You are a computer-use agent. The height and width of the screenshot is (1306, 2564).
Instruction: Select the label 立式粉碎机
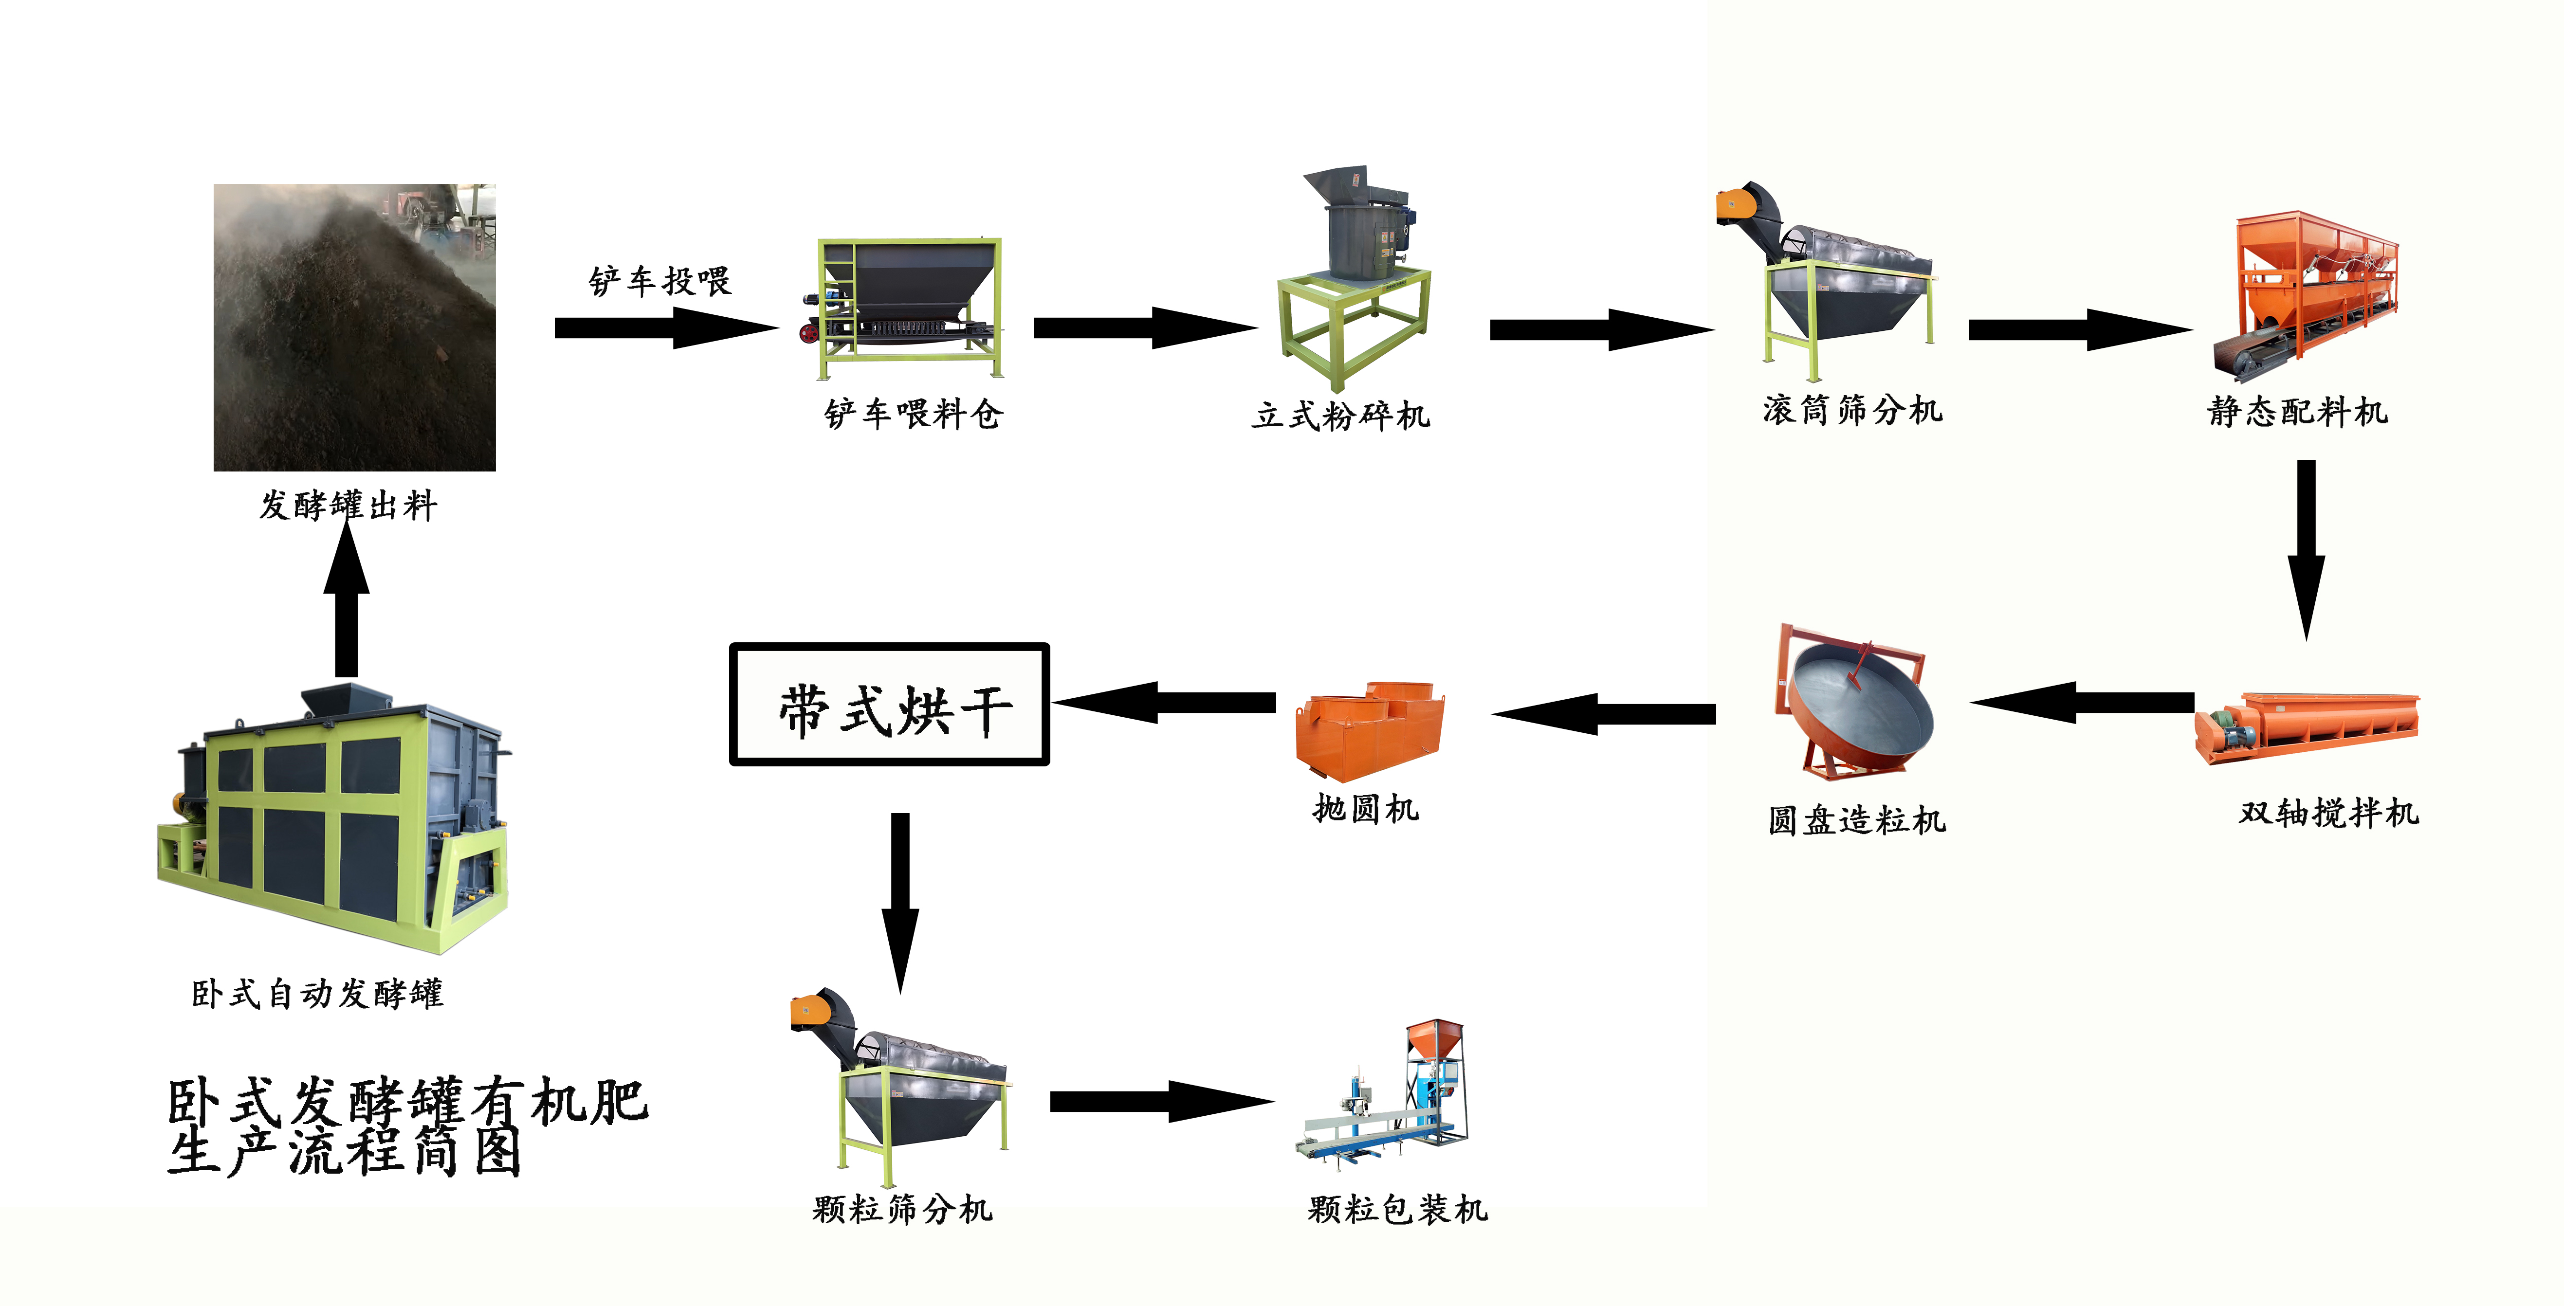[1341, 415]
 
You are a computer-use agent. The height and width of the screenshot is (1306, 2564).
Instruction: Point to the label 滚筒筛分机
[1852, 409]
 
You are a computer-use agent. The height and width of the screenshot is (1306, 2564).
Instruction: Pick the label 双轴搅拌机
[2328, 812]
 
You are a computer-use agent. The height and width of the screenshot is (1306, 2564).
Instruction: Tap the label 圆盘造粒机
[1856, 820]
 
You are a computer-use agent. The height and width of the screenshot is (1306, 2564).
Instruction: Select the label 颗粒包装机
[1397, 1210]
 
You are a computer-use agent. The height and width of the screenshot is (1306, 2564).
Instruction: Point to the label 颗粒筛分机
[902, 1210]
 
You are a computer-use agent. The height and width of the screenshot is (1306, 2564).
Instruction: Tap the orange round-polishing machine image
[1369, 732]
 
